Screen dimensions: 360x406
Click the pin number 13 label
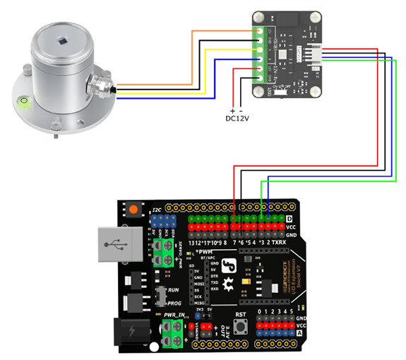coord(193,243)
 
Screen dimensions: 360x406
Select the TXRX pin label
coord(280,243)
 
